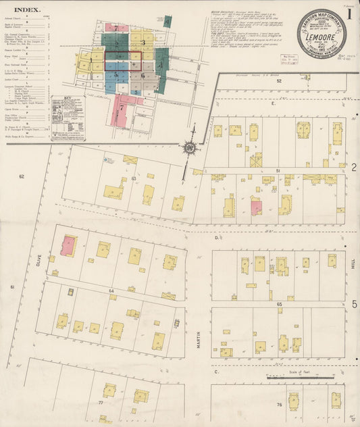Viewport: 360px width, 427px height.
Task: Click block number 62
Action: [x=22, y=176]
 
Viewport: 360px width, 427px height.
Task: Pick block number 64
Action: [x=111, y=291]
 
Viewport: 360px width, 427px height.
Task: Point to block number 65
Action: [x=278, y=305]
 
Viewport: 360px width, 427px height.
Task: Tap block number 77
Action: [x=100, y=403]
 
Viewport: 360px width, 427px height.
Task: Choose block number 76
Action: [x=278, y=405]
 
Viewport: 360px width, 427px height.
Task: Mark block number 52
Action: [x=278, y=80]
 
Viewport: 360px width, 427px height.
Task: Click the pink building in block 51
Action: [x=256, y=207]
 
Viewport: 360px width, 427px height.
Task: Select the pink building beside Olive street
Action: [x=68, y=246]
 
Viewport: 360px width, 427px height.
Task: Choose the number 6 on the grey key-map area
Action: [x=143, y=76]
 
